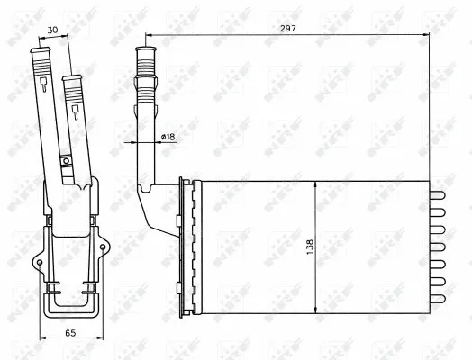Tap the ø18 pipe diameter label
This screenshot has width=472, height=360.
[167, 136]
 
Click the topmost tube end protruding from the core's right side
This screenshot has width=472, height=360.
[439, 196]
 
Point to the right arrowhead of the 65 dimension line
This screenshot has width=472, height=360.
[98, 341]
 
